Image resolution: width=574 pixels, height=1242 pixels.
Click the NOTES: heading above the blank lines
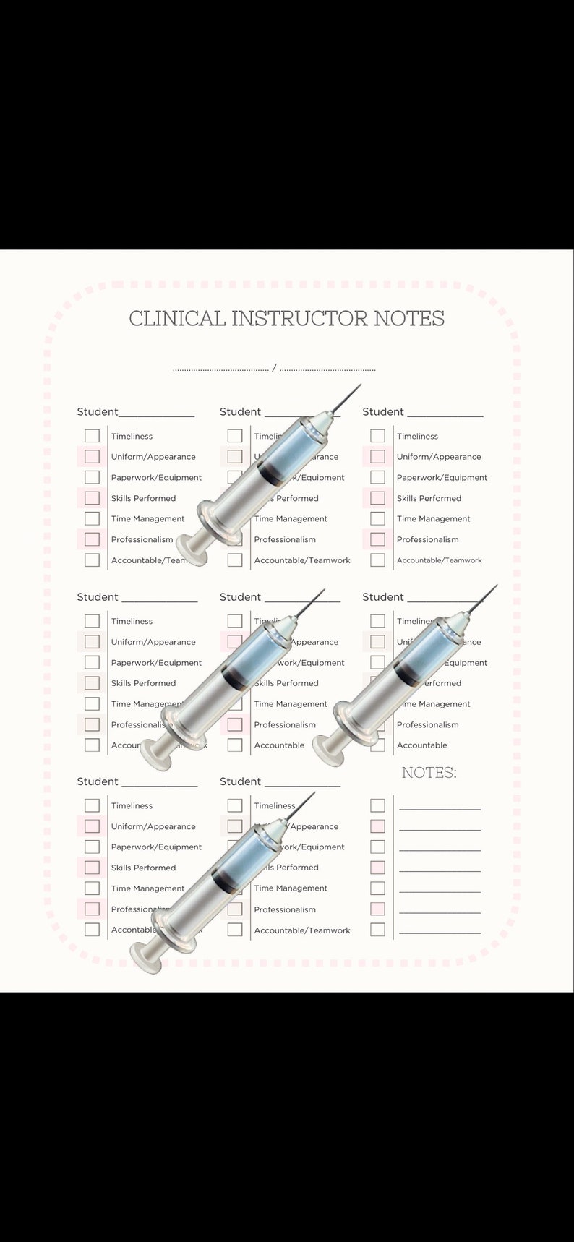[429, 773]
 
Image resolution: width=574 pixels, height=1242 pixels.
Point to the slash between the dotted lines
[274, 369]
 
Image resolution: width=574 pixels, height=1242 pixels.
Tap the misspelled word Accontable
[133, 930]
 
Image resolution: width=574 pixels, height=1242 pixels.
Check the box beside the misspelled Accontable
[92, 930]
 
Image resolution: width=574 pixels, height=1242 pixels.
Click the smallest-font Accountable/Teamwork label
[439, 560]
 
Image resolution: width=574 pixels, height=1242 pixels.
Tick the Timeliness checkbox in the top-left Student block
[92, 436]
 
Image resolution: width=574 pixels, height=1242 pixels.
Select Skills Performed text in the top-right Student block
[429, 498]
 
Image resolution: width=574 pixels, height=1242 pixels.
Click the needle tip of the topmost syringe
[359, 386]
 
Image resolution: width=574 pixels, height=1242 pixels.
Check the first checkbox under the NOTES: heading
[377, 805]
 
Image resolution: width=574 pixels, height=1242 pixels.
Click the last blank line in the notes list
[440, 933]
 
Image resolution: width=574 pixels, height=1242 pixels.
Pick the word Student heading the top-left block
[97, 412]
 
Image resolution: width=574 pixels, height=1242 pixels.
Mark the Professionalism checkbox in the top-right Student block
[377, 539]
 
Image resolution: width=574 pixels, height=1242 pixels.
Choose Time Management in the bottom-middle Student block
[291, 888]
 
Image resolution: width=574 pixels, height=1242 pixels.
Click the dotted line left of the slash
[220, 370]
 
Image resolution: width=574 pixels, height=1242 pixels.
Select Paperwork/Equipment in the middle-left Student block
[156, 663]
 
